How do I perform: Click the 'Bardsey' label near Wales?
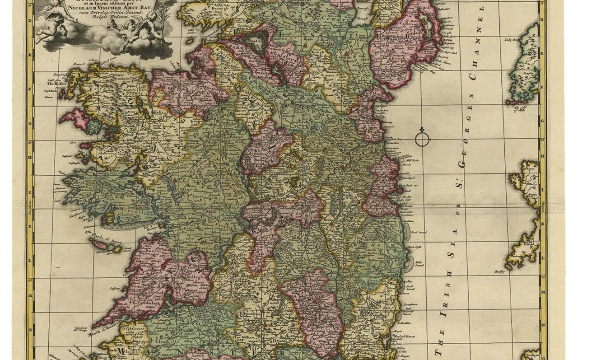[499, 271]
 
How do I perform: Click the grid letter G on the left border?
[30, 123]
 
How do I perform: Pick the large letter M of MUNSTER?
[121, 351]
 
